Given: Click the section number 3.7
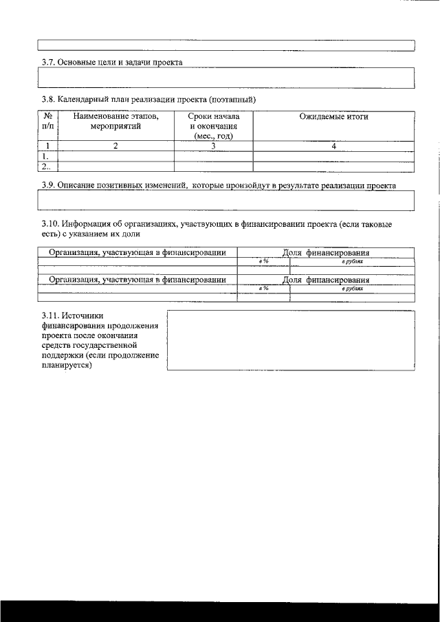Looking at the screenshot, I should click(48, 62).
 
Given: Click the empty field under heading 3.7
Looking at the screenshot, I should click(225, 78).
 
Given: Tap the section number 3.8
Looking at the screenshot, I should click(48, 100).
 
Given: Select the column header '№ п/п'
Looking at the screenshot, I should click(47, 122).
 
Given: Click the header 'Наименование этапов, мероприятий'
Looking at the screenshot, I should click(115, 122).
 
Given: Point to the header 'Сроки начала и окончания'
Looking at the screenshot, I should click(213, 126).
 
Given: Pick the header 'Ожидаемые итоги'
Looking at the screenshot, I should click(333, 117).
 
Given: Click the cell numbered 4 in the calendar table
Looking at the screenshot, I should click(333, 146).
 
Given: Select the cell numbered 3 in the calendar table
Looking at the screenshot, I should click(213, 146).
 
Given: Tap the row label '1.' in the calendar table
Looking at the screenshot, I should click(45, 156).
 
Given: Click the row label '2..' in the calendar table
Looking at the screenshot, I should click(46, 166).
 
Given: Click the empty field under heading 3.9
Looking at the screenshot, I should click(225, 200).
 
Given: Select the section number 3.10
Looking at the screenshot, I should click(50, 224).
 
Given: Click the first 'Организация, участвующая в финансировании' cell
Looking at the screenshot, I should click(137, 253).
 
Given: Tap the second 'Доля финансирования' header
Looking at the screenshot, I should click(326, 280).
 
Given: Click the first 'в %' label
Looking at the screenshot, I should click(263, 262).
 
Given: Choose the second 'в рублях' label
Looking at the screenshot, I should click(352, 289).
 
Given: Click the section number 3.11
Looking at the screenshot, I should click(51, 315).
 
